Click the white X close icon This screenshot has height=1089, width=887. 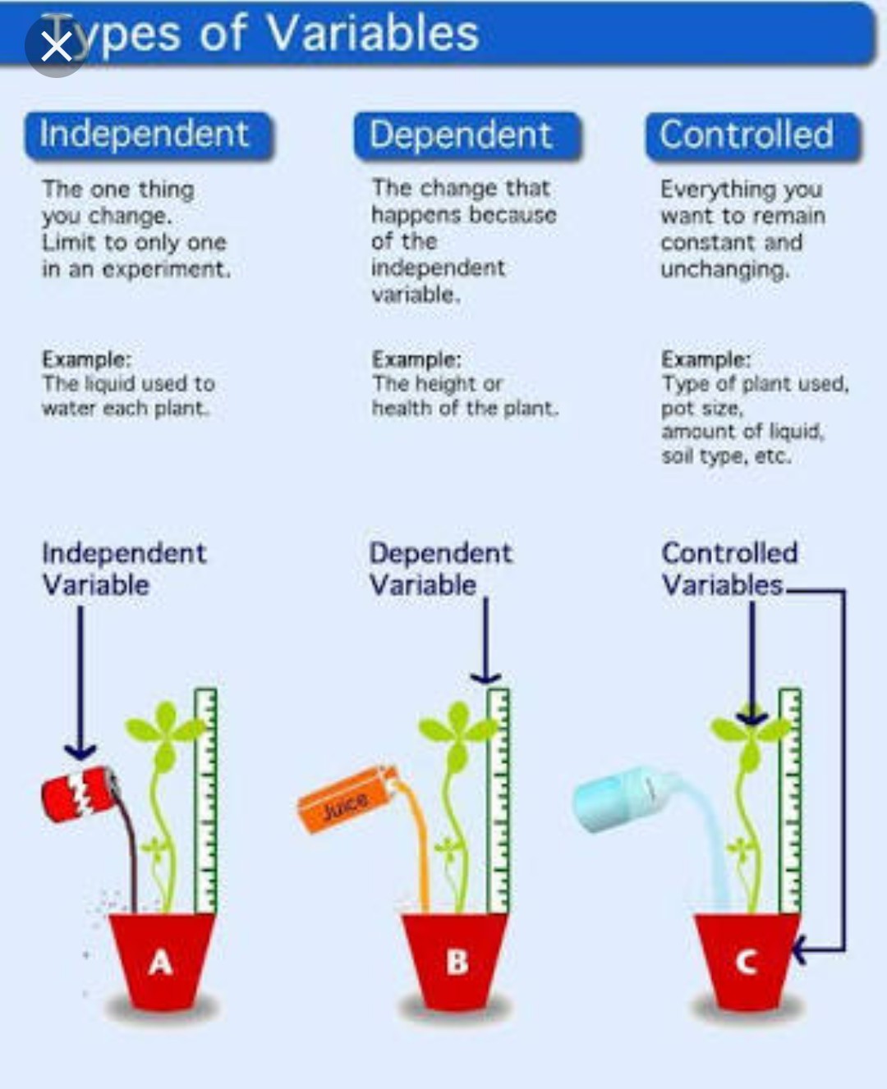click(56, 47)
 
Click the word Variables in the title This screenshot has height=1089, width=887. click(372, 34)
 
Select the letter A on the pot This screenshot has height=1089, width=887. click(161, 962)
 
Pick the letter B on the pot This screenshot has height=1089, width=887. click(457, 962)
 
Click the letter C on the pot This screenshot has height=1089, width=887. click(746, 962)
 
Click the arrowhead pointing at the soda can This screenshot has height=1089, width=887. click(80, 751)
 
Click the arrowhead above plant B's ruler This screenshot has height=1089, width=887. click(485, 676)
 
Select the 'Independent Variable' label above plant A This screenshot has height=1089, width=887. click(123, 569)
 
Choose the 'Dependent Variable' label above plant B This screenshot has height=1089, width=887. click(440, 569)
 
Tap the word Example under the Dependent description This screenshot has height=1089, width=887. click(416, 359)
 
